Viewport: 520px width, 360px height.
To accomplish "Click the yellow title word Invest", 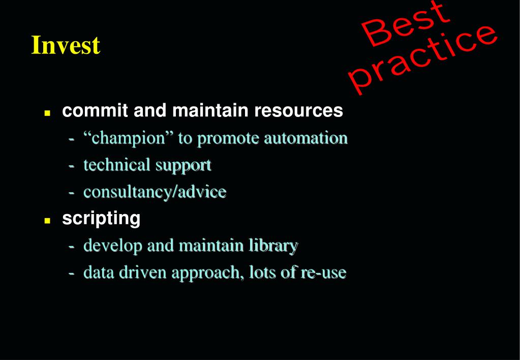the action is point(66,45).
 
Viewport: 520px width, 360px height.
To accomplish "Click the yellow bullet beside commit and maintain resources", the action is point(47,113).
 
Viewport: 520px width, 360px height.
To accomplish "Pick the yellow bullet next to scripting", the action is point(47,220).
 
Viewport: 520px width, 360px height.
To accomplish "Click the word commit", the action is point(95,110).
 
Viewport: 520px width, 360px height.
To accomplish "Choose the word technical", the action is point(117,165).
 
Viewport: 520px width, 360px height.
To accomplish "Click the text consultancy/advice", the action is point(155,192).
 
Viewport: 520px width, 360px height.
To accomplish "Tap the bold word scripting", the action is point(101,219).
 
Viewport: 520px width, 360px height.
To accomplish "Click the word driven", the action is point(143,273).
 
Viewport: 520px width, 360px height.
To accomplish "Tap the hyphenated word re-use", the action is point(324,273).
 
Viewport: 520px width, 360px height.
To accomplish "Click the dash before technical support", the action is point(71,166).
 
